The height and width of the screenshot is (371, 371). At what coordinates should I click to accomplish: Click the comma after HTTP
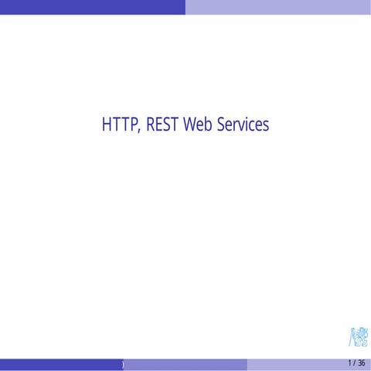136,130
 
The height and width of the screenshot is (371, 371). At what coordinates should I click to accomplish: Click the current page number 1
349,363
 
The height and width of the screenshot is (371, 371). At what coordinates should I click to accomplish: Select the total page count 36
361,363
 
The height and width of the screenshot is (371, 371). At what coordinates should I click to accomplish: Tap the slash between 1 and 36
355,363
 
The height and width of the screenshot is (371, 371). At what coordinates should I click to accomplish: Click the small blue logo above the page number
358,338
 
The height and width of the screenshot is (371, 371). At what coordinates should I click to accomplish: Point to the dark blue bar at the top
93,7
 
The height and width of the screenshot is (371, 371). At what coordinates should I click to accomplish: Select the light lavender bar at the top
278,7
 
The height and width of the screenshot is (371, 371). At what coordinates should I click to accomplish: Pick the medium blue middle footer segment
185,364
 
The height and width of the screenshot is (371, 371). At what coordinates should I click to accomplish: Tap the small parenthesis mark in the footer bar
122,364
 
